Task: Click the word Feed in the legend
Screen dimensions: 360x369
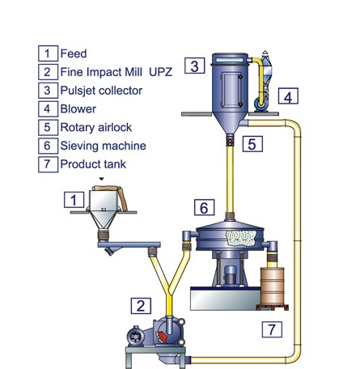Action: tap(74, 53)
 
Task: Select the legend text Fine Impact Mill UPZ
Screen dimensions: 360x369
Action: tap(116, 72)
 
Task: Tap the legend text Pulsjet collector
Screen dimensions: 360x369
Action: tap(101, 91)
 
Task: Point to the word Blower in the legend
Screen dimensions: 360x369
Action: tap(78, 109)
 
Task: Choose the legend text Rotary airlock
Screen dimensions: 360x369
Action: tap(96, 127)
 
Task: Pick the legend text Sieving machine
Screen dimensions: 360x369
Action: tap(104, 146)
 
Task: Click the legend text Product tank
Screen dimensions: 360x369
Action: tap(93, 164)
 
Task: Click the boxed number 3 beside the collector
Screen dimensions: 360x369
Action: tap(195, 66)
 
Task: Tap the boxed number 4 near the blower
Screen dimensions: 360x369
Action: tap(288, 96)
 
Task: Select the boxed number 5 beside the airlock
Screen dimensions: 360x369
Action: tap(252, 144)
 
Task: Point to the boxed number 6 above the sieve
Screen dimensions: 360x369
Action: tap(205, 207)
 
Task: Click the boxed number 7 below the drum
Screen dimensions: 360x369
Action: tap(272, 329)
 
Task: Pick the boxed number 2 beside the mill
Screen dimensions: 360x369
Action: tap(141, 306)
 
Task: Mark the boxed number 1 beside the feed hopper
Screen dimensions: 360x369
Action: tap(74, 200)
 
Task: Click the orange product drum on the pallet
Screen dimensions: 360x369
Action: tap(272, 286)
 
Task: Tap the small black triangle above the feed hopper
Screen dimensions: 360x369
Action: tap(101, 179)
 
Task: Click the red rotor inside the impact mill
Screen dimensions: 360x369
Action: tap(162, 337)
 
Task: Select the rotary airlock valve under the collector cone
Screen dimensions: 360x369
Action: tap(230, 142)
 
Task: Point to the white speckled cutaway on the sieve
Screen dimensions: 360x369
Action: tap(241, 238)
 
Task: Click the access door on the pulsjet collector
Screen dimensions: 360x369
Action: tap(231, 90)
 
